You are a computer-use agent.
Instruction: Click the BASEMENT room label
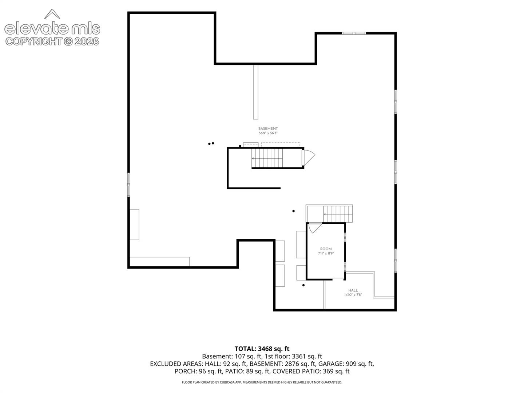click(x=268, y=128)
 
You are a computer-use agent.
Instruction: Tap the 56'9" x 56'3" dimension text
click(x=268, y=133)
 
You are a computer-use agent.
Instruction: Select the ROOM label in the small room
click(x=326, y=249)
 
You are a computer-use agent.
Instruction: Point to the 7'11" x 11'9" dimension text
click(x=326, y=253)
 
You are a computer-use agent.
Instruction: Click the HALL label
click(x=353, y=290)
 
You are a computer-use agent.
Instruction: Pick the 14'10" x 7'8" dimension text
click(x=353, y=295)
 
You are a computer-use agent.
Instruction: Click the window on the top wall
click(x=354, y=33)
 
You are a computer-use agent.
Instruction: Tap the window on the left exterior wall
click(x=129, y=185)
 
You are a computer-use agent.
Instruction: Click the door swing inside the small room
click(x=315, y=228)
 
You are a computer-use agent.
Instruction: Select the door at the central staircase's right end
click(x=308, y=158)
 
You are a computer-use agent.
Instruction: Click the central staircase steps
click(x=267, y=158)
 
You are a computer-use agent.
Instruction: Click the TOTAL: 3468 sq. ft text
click(x=262, y=349)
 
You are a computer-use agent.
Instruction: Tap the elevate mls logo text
click(x=52, y=29)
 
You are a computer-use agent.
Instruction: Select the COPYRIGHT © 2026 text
click(x=52, y=41)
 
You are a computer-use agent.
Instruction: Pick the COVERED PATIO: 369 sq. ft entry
click(x=311, y=372)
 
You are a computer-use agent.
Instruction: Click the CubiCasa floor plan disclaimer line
click(x=262, y=382)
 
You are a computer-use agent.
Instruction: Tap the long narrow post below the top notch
click(x=255, y=92)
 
